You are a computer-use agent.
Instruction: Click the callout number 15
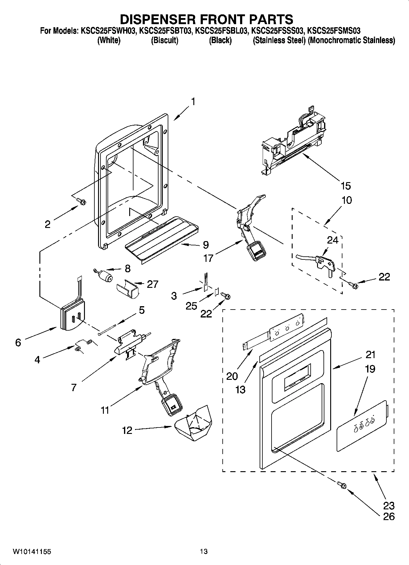(346, 185)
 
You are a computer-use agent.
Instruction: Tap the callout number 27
(152, 284)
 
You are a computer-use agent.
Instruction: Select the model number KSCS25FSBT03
(165, 31)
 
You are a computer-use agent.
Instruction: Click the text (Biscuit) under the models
(165, 40)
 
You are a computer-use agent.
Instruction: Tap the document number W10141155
(32, 552)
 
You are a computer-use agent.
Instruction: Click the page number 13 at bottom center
(204, 552)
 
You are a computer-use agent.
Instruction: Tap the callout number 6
(18, 343)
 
